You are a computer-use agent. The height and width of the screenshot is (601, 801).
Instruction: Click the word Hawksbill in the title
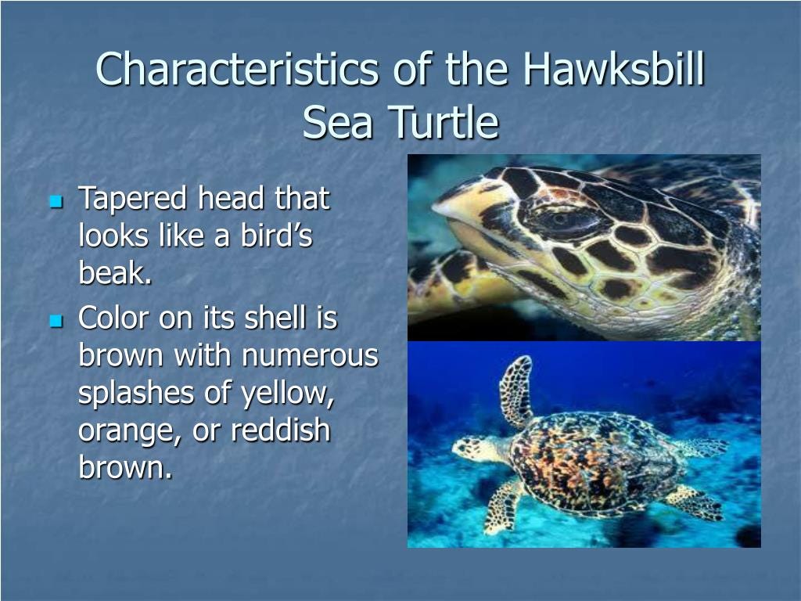click(614, 69)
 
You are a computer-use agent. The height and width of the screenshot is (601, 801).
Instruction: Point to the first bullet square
click(56, 202)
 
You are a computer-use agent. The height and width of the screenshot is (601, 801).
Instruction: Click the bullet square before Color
click(56, 322)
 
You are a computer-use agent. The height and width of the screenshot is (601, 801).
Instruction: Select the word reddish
click(281, 430)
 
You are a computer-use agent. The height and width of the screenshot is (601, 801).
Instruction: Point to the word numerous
click(310, 356)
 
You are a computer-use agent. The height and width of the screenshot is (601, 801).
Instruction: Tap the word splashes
click(136, 393)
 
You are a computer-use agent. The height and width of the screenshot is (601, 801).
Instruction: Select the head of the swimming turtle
click(478, 448)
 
